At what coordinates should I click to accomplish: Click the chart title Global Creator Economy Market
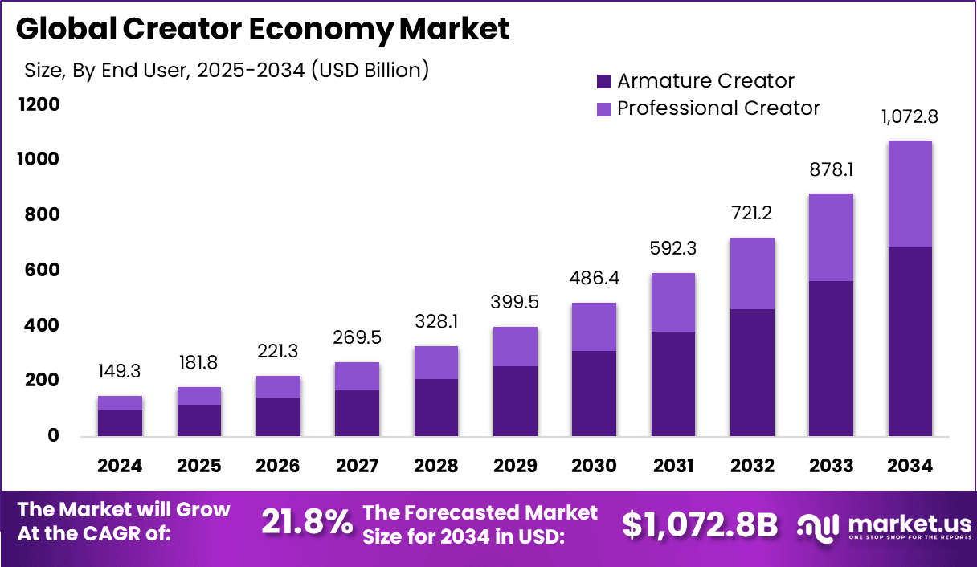tap(262, 30)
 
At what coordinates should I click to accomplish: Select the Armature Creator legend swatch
tap(604, 81)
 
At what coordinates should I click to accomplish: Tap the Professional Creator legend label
tap(718, 108)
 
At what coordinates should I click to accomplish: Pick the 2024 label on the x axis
tap(120, 467)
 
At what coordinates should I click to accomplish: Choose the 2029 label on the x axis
tap(514, 467)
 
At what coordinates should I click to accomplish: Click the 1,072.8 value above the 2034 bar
tap(910, 116)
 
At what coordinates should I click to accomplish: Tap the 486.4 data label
tap(594, 279)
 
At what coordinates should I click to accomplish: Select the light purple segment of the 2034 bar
tap(910, 194)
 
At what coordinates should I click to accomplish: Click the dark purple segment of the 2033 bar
tap(831, 358)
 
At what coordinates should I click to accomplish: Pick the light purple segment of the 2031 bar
tap(672, 302)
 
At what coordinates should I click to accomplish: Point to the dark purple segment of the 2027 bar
tap(357, 413)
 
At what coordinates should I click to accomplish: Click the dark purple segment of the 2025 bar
tap(198, 420)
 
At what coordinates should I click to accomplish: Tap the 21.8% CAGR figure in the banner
tap(307, 523)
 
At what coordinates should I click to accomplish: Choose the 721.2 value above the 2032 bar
tap(751, 214)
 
